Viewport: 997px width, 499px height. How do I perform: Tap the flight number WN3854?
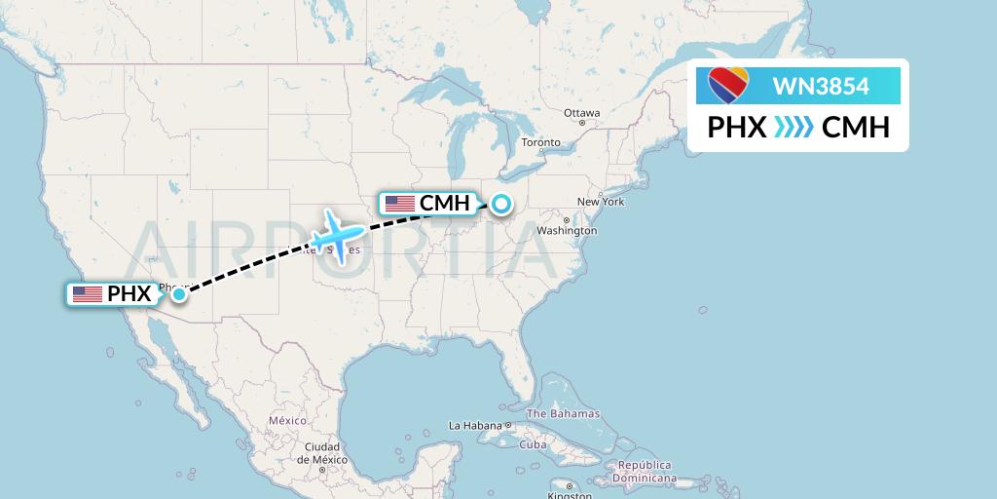click(x=821, y=87)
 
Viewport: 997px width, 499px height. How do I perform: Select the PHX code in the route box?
click(x=736, y=128)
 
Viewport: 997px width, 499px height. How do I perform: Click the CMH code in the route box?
click(x=856, y=128)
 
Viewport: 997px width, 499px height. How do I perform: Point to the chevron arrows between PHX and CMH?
click(x=794, y=128)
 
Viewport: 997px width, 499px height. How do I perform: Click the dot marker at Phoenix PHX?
click(x=179, y=293)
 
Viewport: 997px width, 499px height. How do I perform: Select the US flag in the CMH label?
click(x=400, y=204)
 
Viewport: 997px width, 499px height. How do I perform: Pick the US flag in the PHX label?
click(x=88, y=293)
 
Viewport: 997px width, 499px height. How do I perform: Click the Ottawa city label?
click(x=582, y=113)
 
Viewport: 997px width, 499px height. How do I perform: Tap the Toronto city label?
click(x=541, y=142)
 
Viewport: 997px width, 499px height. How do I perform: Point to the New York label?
click(x=601, y=202)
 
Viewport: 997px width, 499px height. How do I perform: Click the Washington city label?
click(x=567, y=231)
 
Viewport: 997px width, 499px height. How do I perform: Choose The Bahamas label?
click(x=566, y=413)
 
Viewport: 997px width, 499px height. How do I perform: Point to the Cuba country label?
click(x=534, y=444)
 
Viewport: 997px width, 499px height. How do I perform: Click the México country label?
click(x=287, y=420)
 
